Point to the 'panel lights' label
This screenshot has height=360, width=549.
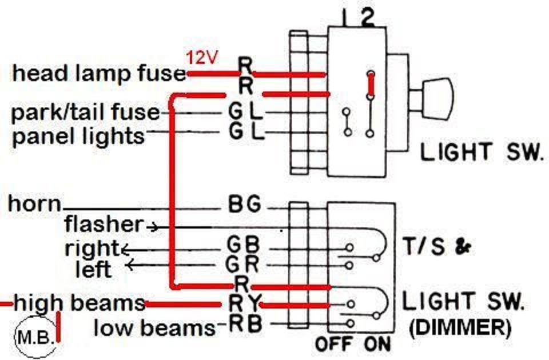pos(78,135)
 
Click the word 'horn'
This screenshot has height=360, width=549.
pos(34,203)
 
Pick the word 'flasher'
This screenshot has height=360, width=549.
pos(104,224)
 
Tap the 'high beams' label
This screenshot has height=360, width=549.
pos(79,303)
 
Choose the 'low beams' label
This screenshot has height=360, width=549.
pos(154,328)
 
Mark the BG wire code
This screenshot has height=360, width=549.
pos(245,203)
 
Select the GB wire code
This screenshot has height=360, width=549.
pos(244,244)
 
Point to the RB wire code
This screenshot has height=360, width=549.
pos(245,324)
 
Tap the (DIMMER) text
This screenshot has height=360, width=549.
pos(460,328)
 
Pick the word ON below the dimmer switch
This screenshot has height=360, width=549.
pos(377,344)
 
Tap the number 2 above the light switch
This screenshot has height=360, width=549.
pos(367,18)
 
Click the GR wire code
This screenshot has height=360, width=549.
pos(242,264)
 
